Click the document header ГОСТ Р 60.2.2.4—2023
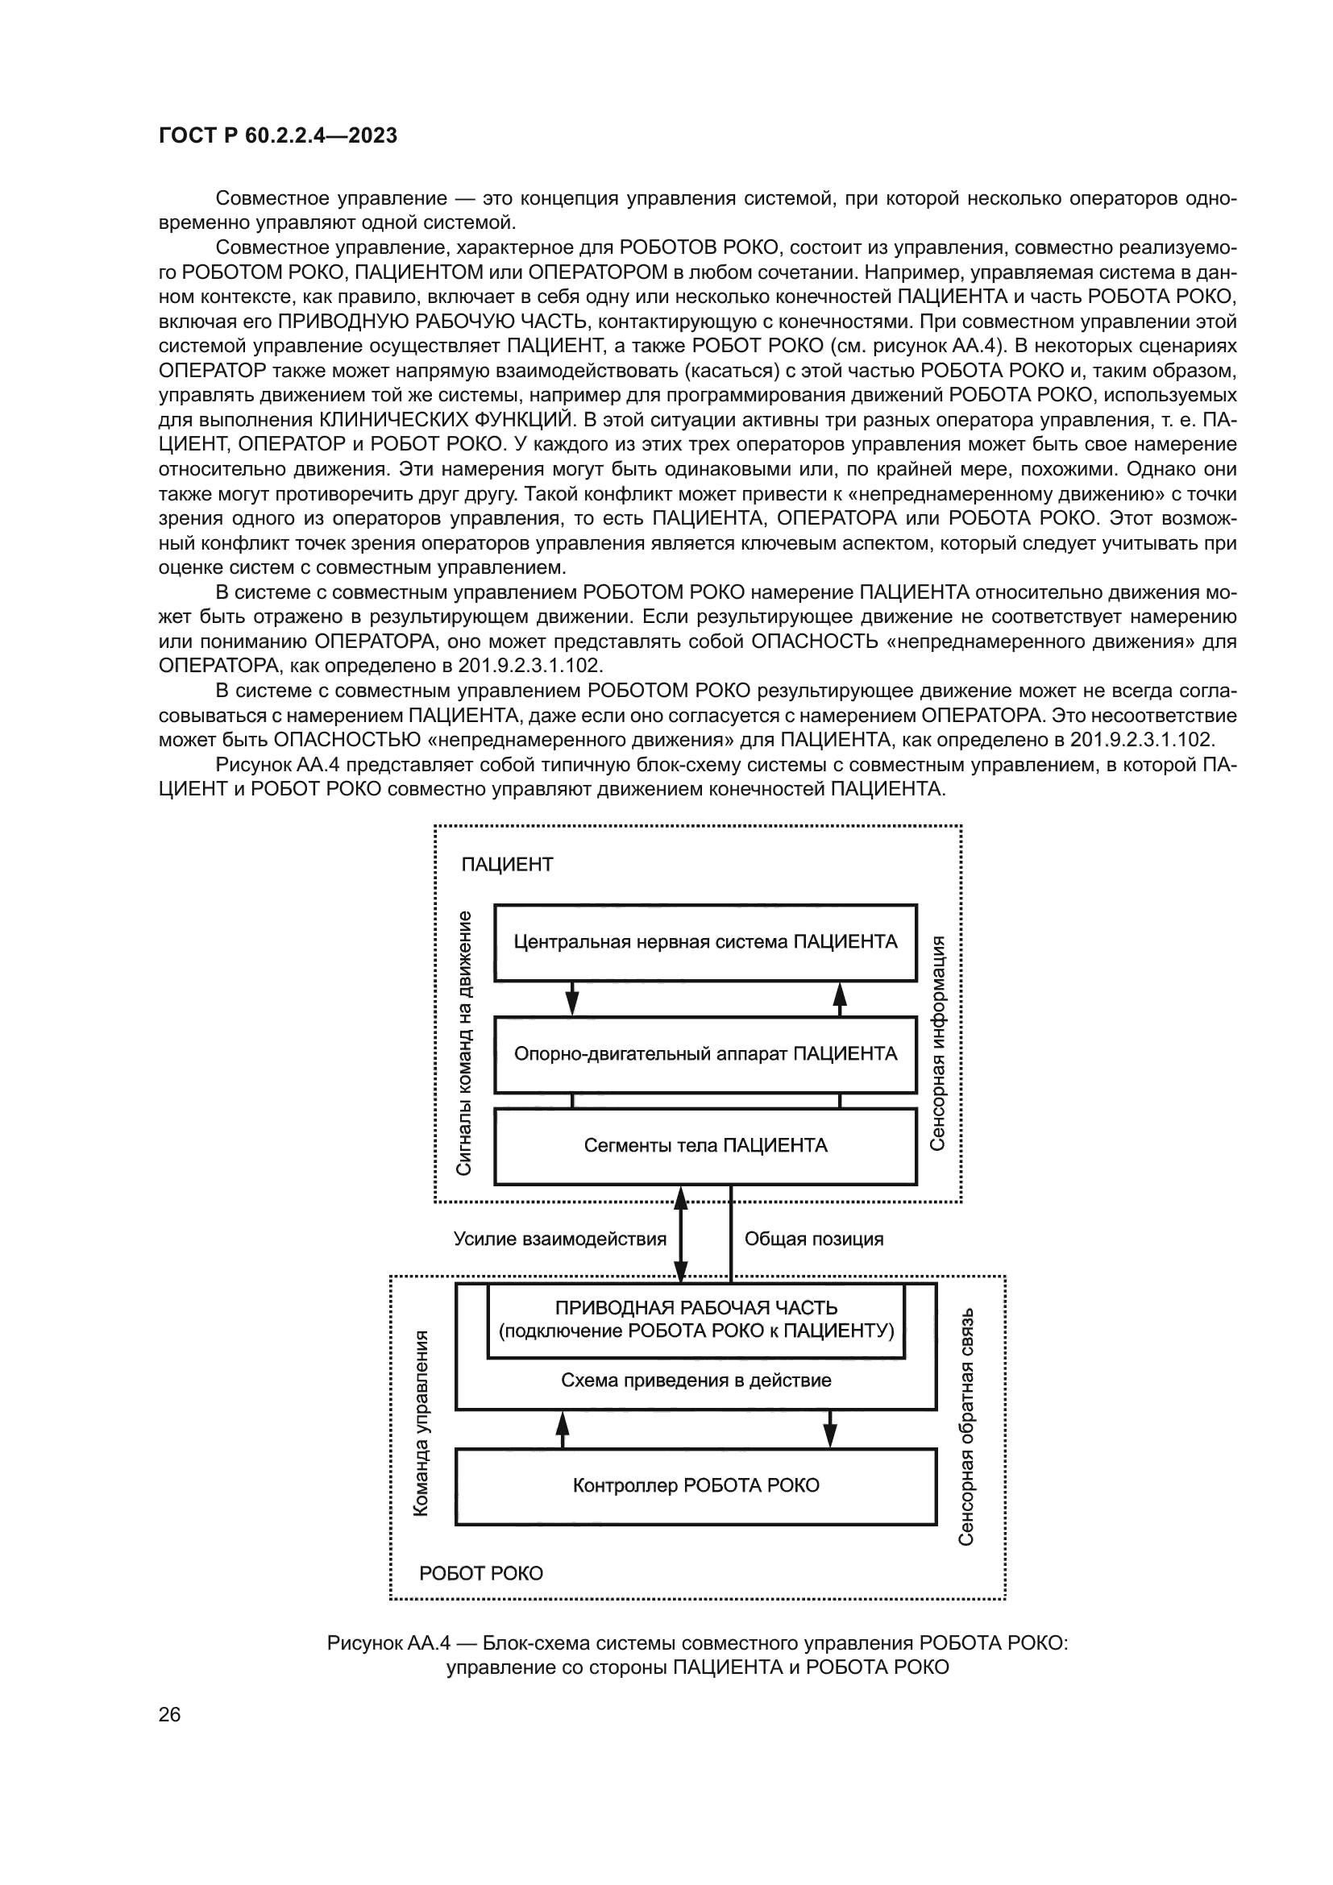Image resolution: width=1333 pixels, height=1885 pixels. [277, 135]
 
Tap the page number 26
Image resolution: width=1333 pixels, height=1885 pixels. [170, 1714]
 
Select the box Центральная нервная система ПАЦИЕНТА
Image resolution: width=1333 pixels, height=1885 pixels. [705, 941]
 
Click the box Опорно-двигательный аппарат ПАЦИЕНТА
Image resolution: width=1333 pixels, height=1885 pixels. [705, 1054]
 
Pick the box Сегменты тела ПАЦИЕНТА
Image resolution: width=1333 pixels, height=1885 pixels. [705, 1145]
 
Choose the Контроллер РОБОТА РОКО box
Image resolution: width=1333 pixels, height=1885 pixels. [696, 1485]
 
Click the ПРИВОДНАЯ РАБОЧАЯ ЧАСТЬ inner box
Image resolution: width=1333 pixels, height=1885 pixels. [696, 1319]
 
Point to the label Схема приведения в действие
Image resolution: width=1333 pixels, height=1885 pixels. [696, 1380]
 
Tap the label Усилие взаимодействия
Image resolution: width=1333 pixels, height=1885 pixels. [560, 1239]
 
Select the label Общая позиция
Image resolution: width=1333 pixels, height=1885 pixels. [813, 1239]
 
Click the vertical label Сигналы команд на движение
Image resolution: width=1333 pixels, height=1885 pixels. [463, 1043]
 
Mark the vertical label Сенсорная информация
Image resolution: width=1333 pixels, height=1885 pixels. [938, 1043]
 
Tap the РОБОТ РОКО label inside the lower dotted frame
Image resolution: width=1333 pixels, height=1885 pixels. [481, 1573]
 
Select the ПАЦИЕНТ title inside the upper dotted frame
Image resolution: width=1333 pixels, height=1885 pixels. [507, 865]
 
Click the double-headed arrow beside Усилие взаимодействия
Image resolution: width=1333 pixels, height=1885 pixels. [680, 1239]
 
